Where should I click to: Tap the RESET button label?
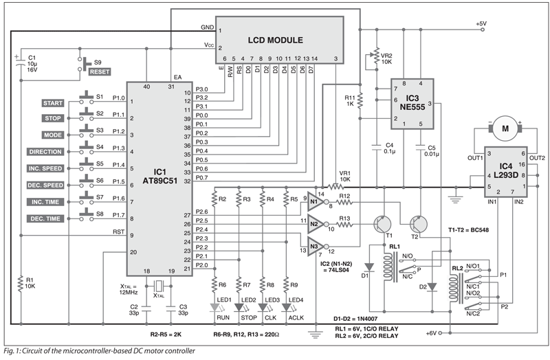tap(98, 72)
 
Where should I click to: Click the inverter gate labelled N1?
tap(313, 202)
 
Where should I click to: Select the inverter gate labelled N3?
tap(313, 246)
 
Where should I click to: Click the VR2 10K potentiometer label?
tap(386, 58)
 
